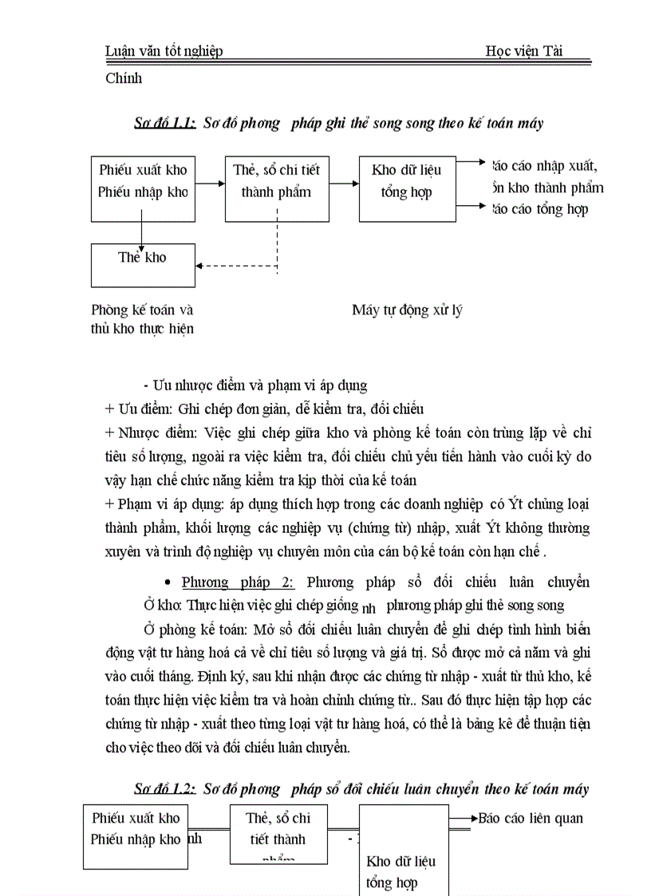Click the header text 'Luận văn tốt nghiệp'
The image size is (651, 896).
164,51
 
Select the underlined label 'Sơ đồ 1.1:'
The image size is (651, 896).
164,123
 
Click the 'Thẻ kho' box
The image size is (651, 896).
143,264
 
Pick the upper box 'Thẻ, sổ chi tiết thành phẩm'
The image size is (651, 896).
277,188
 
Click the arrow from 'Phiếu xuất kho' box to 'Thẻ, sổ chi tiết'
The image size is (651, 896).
210,184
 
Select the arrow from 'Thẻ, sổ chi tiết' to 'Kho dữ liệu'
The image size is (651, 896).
344,184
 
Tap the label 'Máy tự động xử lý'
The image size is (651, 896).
407,310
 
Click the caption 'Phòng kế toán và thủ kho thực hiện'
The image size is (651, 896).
143,319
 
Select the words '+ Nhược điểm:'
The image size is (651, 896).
152,432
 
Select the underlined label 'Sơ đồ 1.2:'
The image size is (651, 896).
164,789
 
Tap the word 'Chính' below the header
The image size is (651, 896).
124,78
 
